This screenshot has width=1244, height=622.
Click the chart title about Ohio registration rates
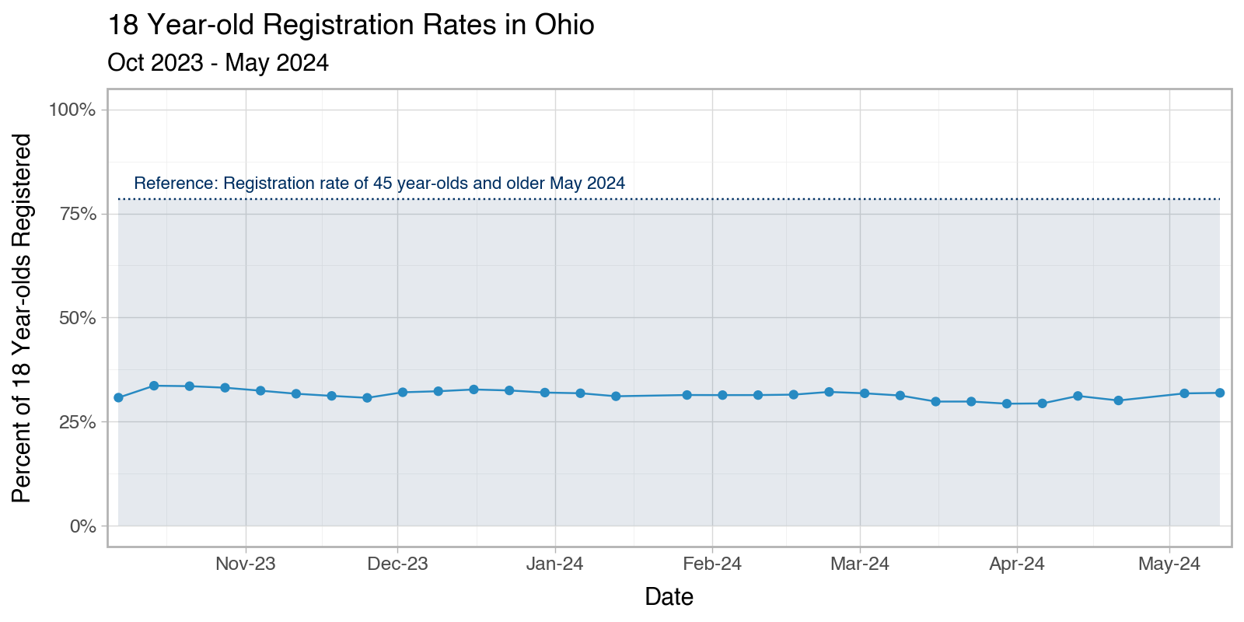tap(351, 26)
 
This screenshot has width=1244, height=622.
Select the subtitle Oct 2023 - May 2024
tap(218, 63)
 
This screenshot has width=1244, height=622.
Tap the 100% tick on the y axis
tap(72, 110)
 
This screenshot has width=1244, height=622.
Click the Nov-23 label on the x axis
tap(246, 564)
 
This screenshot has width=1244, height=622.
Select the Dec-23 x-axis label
tap(397, 564)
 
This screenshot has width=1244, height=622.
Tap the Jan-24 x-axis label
tap(554, 564)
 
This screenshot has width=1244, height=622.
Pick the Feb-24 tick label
tap(712, 564)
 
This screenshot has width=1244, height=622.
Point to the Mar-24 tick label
tap(860, 564)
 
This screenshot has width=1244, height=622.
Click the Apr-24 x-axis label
tap(1017, 564)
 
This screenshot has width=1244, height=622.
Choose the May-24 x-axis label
tap(1169, 564)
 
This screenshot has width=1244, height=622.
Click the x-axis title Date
tap(669, 597)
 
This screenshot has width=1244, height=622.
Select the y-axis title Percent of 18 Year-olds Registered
tap(23, 318)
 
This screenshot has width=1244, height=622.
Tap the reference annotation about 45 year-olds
tap(379, 183)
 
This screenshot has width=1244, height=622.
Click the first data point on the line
tap(118, 397)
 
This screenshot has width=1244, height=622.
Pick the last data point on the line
tap(1220, 393)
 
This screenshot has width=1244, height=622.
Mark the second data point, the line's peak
tap(154, 386)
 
